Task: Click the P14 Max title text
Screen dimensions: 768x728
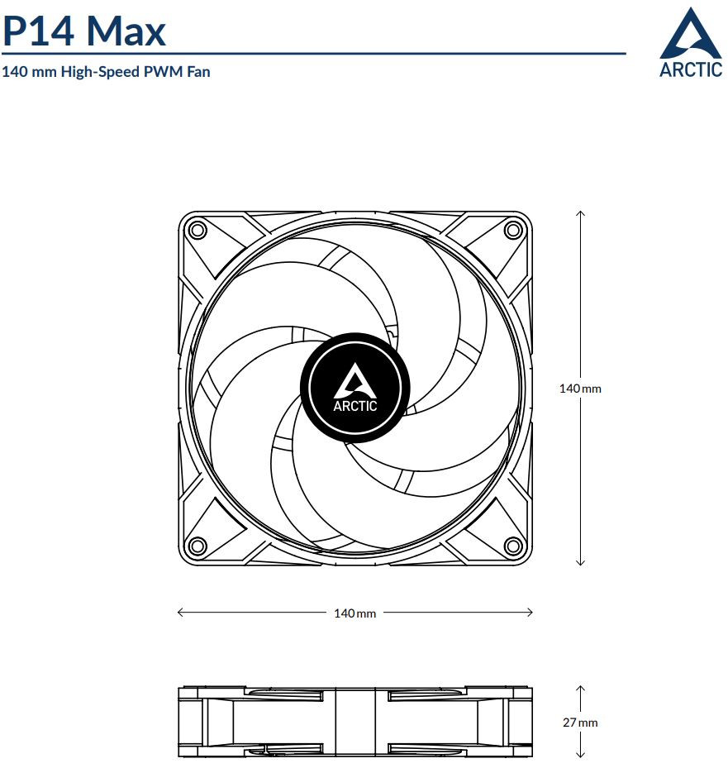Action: [x=83, y=31]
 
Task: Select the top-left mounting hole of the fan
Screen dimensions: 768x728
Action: [x=197, y=229]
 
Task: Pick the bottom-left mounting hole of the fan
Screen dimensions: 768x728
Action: [x=197, y=545]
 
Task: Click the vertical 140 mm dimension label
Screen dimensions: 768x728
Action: [x=580, y=389]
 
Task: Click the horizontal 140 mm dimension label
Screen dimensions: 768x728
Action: [x=354, y=613]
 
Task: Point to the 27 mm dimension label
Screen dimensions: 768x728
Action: [x=580, y=723]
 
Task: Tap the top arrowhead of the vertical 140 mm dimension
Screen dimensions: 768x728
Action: [x=581, y=213]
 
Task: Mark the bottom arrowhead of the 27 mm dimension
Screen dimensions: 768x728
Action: [x=581, y=755]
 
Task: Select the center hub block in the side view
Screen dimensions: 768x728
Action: [x=354, y=722]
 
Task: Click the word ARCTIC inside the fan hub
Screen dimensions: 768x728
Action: [x=355, y=406]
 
